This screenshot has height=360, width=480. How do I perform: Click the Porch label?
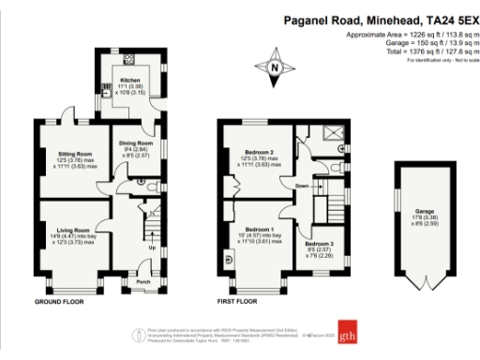pos(143,279)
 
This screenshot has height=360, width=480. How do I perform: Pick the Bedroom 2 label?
pos(260,152)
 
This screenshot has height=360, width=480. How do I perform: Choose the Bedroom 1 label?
pos(259,230)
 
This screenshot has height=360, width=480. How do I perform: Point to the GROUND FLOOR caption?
pos(62,302)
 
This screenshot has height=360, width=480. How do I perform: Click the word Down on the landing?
pos(301,186)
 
